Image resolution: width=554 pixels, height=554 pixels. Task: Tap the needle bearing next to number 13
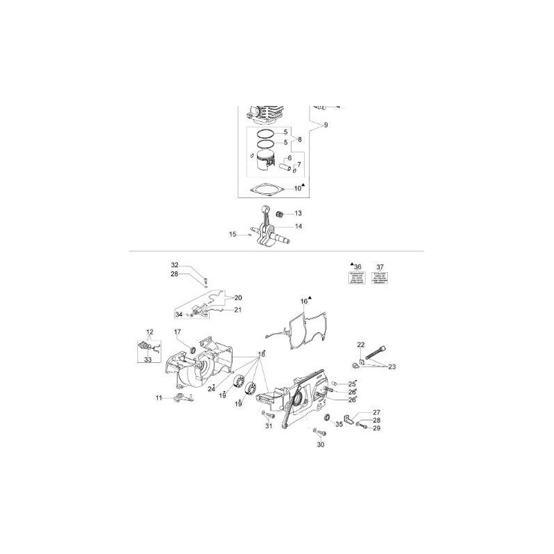tap(282, 214)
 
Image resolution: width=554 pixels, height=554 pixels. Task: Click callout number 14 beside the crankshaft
tap(298, 226)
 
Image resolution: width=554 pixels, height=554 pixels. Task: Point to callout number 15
tap(233, 234)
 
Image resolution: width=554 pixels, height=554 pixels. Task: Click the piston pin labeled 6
tap(285, 168)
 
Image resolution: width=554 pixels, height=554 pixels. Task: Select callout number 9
tap(325, 125)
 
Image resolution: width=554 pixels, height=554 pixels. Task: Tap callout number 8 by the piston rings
tap(299, 140)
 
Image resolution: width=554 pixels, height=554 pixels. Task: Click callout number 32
tap(175, 265)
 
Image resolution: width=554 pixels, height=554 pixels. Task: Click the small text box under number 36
tap(357, 278)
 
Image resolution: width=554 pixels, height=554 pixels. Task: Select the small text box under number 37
tap(379, 278)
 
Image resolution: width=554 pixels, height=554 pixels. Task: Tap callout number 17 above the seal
tap(177, 332)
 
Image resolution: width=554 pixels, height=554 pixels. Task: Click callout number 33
tap(148, 359)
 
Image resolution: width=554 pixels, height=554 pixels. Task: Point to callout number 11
tap(159, 397)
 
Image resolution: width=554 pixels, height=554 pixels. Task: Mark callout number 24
tap(211, 389)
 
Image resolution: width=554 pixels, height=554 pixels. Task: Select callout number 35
tap(339, 424)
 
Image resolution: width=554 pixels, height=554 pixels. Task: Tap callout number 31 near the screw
tap(269, 426)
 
